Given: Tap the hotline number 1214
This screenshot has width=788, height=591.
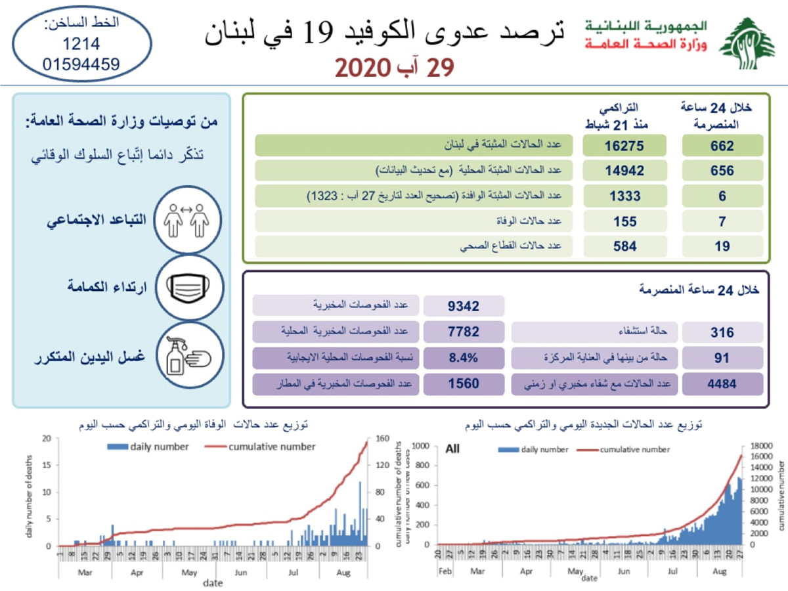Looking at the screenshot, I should (81, 44).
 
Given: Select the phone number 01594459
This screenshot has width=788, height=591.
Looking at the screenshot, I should (81, 64).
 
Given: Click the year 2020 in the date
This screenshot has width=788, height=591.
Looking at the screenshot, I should (364, 68).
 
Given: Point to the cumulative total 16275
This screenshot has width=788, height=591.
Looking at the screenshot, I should (623, 146).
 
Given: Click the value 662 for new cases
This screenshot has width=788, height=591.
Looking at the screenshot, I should (722, 146).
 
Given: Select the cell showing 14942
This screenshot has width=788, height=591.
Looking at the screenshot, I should (623, 171).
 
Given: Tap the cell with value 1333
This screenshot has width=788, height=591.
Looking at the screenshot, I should (623, 196).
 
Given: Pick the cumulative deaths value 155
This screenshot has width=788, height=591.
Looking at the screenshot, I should (623, 221).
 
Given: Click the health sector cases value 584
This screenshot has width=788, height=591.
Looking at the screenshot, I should (623, 246).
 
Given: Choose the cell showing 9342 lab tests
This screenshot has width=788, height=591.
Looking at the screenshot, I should (464, 306).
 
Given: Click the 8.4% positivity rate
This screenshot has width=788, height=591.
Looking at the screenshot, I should (464, 358).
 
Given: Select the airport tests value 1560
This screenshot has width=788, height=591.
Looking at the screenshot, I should (464, 383).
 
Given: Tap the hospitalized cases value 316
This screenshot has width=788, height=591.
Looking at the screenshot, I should (722, 332).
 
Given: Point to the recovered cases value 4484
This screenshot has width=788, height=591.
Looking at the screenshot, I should (722, 383).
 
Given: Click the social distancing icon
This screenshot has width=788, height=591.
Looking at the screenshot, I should (185, 220).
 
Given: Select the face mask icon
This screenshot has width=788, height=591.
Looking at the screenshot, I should (185, 286).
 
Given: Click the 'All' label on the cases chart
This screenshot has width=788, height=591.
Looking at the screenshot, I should (452, 450).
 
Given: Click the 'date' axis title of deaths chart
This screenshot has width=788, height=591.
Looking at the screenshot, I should (212, 582).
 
